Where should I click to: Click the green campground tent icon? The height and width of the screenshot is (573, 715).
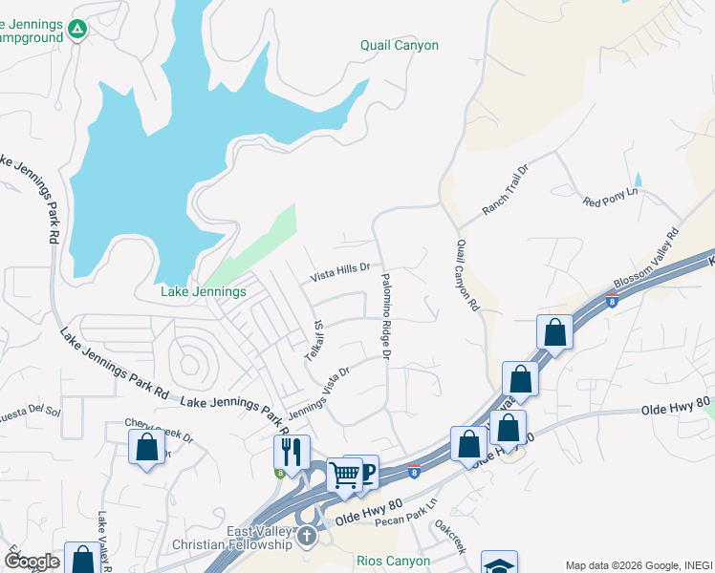(x=77, y=31)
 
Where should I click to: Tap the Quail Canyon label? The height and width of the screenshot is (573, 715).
(x=400, y=45)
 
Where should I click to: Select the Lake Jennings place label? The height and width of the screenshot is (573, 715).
(x=205, y=291)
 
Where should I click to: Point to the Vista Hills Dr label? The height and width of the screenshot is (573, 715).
(x=339, y=273)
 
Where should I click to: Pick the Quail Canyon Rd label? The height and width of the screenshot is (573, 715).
(x=466, y=277)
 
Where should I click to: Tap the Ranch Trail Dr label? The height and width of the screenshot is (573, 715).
(x=506, y=189)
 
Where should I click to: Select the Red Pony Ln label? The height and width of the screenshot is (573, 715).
(x=610, y=198)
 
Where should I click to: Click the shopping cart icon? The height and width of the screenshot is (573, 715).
(x=344, y=474)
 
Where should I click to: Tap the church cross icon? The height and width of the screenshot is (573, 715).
(x=306, y=535)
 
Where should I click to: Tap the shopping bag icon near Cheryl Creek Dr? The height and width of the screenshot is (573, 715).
(x=146, y=447)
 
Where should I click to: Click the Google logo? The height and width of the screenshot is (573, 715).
(x=32, y=562)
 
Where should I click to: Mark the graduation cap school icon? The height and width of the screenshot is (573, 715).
(x=499, y=564)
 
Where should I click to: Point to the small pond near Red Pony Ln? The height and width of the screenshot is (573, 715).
(x=639, y=179)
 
